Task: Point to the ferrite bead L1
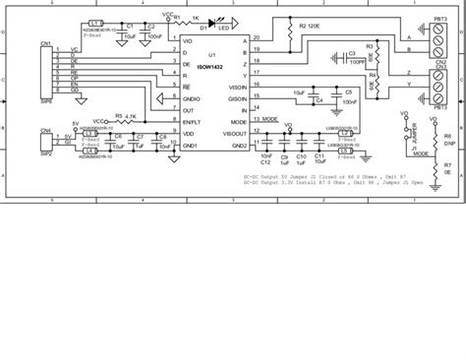tap(95, 23)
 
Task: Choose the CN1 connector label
tap(45, 43)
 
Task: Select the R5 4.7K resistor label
tap(124, 114)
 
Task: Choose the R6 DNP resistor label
tap(446, 139)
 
